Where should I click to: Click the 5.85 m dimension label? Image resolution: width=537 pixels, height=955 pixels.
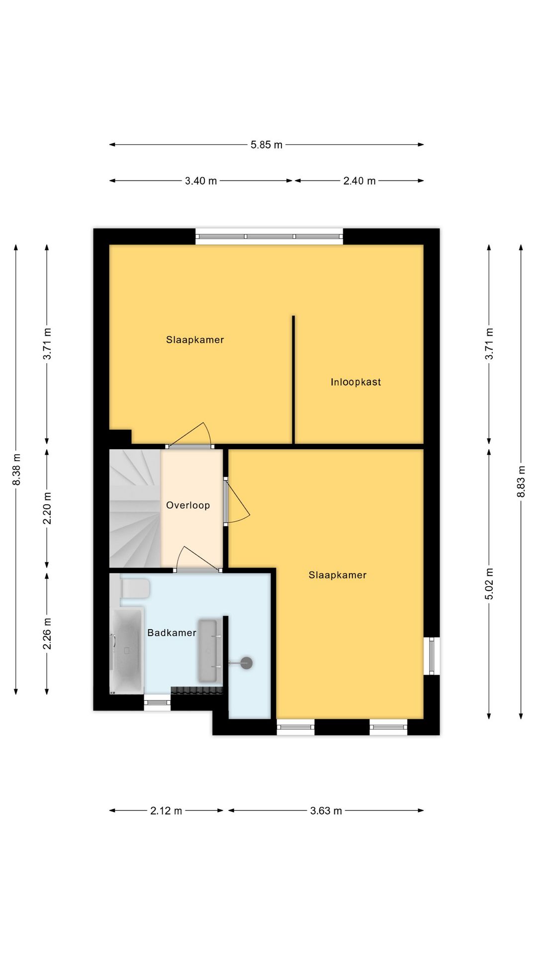[267, 145]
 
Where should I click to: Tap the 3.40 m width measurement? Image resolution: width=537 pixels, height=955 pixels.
[201, 181]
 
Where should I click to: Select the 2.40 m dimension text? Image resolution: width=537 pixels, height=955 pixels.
[359, 181]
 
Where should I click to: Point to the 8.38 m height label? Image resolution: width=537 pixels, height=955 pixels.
[16, 470]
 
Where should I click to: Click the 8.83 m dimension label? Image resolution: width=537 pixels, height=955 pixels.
[521, 481]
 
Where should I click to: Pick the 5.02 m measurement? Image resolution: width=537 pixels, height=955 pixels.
[489, 583]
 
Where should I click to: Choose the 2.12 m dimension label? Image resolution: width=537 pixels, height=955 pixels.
[166, 811]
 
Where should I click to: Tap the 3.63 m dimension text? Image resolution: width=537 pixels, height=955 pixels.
[326, 811]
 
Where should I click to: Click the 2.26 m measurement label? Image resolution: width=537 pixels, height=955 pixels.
[47, 633]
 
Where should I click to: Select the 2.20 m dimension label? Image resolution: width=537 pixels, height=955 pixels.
[47, 508]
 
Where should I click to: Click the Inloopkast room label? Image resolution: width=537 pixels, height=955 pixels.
[356, 382]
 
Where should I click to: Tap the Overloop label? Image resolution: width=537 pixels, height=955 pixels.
[188, 505]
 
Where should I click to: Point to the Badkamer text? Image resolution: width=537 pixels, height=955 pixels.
[172, 633]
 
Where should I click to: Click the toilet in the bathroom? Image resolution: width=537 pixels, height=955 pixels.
[135, 588]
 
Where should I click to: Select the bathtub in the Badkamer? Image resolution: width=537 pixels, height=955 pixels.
[127, 650]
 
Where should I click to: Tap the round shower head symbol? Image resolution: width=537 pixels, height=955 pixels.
[247, 663]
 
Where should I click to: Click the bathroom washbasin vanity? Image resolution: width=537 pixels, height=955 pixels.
[208, 651]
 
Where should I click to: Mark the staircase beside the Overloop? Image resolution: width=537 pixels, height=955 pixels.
[135, 508]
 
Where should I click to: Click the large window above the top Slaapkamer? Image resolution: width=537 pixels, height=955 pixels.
[269, 236]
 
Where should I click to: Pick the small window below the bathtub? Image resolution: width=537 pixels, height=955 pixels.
[157, 702]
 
